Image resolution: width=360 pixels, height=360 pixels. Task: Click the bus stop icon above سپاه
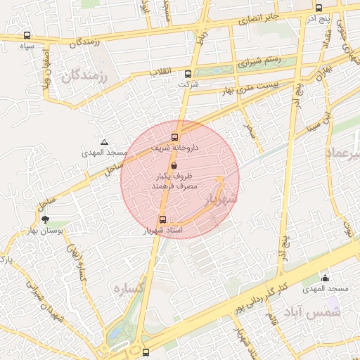click(27, 35)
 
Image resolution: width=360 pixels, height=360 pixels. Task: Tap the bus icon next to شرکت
click(188, 74)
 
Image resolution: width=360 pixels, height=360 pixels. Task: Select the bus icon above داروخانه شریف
click(175, 138)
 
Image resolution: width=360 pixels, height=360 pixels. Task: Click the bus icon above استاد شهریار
click(163, 219)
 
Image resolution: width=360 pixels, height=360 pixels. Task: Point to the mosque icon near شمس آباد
click(325, 278)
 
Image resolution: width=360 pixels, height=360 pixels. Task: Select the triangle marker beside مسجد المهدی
click(104, 142)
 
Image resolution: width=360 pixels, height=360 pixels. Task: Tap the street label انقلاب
click(163, 71)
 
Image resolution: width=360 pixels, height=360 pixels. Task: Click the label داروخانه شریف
click(176, 148)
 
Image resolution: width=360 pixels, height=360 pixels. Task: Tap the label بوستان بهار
click(47, 230)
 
